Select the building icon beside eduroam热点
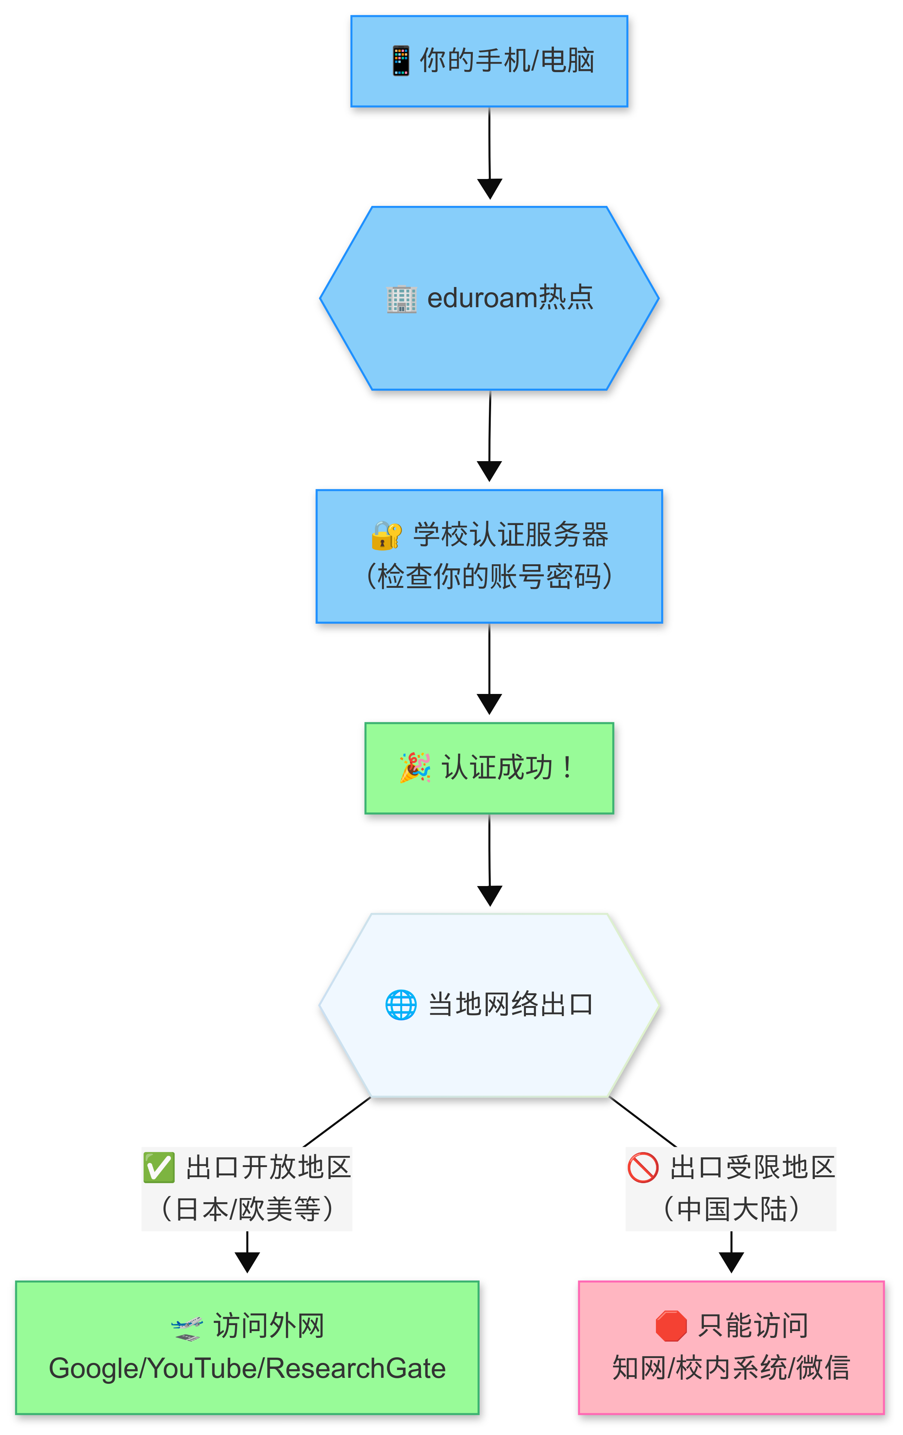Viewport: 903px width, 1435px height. pyautogui.click(x=401, y=298)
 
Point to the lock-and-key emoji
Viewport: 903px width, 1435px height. pyautogui.click(x=386, y=534)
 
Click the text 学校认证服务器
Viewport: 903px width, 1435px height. pyautogui.click(x=511, y=534)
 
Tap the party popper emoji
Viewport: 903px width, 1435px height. pyautogui.click(x=415, y=768)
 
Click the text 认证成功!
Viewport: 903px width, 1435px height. pyautogui.click(x=507, y=768)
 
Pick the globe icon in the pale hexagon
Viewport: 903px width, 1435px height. pyautogui.click(x=401, y=1005)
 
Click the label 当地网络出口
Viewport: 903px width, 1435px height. pyautogui.click(x=510, y=1005)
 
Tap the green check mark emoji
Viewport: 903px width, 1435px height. pyautogui.click(x=158, y=1167)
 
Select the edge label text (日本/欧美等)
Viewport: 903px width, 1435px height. pyautogui.click(x=247, y=1210)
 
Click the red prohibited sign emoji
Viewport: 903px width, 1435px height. pyautogui.click(x=642, y=1167)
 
